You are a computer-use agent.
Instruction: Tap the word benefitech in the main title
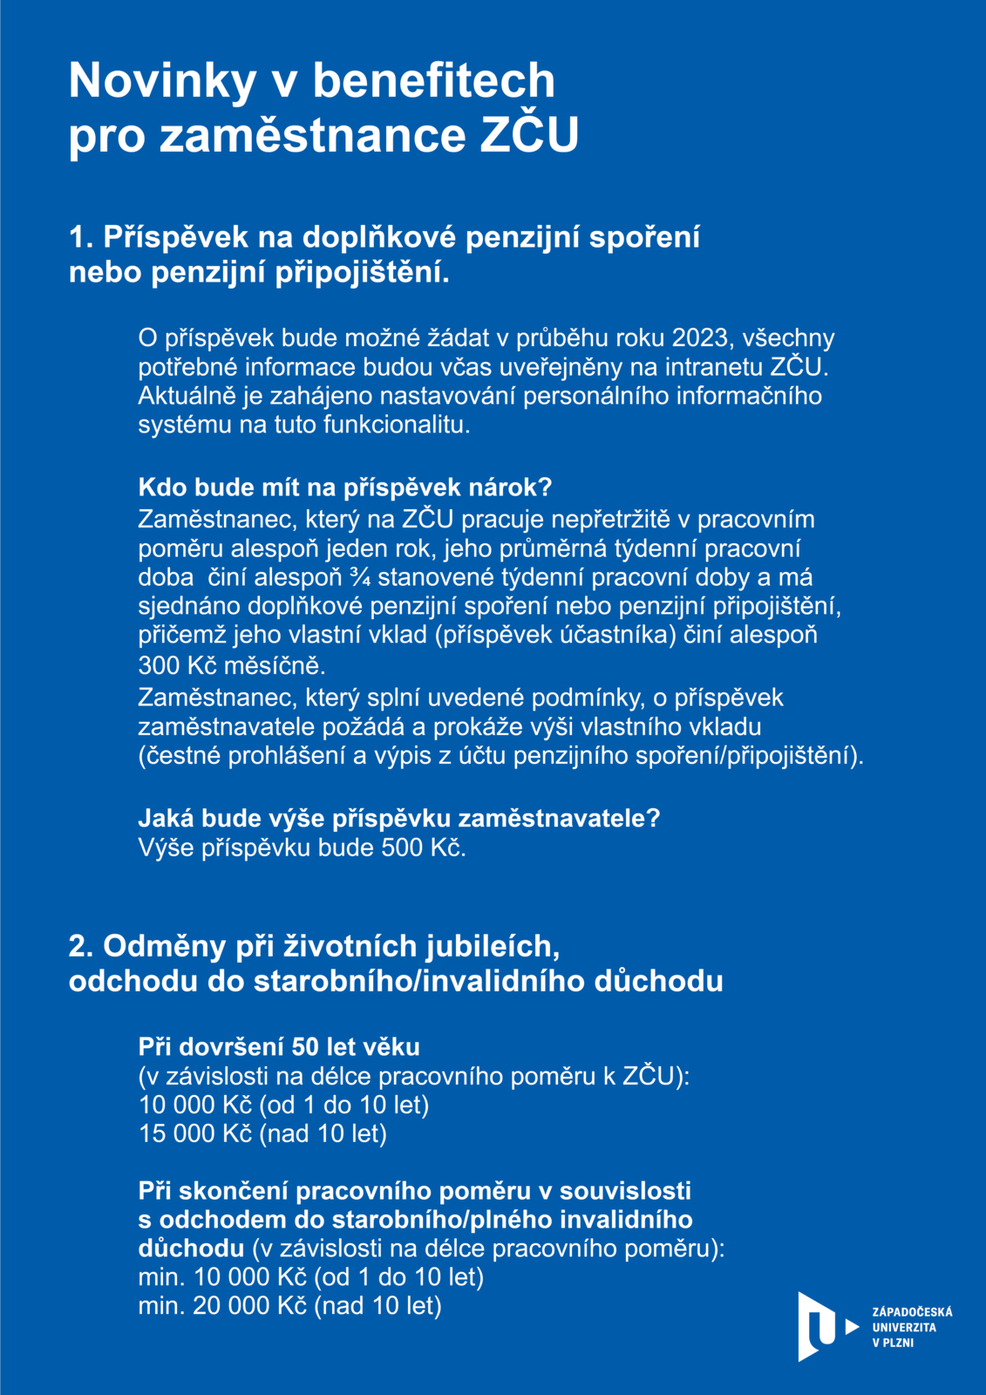point(433,81)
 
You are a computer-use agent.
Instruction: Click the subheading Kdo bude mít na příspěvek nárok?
point(345,487)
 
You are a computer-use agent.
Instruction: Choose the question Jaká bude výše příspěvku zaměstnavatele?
point(399,818)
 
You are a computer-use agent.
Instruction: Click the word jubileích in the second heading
point(493,946)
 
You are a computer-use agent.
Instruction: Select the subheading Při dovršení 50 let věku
point(279,1046)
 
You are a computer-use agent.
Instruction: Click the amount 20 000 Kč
point(250,1305)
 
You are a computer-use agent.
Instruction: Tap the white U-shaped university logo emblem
point(816,1326)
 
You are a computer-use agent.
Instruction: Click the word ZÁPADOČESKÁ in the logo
point(912,1311)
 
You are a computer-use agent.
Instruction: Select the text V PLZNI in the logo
point(893,1343)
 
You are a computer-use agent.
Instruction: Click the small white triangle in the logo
point(852,1327)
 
